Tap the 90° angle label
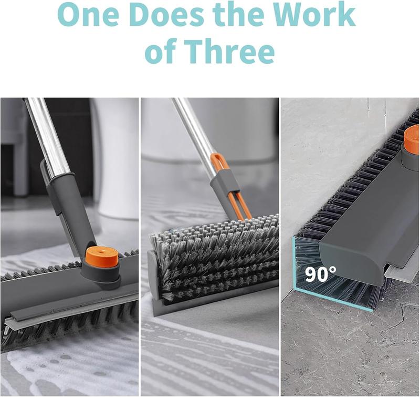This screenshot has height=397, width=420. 321,273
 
